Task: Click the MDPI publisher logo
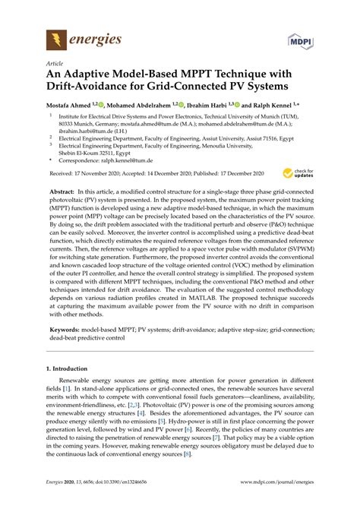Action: click(x=299, y=39)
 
